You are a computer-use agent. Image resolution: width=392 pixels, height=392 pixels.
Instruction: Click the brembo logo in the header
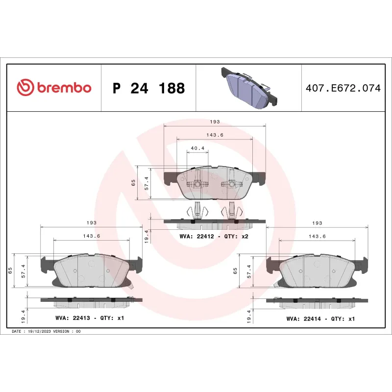[x=54, y=88]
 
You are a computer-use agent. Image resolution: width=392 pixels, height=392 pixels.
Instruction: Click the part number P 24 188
[x=148, y=89]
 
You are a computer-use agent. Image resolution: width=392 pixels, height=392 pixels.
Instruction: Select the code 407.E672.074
[x=343, y=89]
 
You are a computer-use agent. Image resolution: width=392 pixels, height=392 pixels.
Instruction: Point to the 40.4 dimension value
[x=197, y=147]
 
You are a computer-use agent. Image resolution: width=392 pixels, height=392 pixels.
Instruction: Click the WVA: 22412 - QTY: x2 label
[x=214, y=237]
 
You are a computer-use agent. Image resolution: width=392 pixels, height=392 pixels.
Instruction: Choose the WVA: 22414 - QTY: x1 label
[x=320, y=318]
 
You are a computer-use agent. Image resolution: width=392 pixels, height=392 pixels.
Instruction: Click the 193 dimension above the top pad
[x=215, y=122]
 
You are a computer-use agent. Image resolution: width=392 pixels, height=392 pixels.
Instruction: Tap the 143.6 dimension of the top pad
[x=214, y=135]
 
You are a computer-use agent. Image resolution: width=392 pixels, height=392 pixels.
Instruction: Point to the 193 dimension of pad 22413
[x=91, y=222]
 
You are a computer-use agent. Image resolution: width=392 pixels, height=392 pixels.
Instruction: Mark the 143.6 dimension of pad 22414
[x=317, y=236]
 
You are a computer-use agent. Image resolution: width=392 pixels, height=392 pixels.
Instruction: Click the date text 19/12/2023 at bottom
[x=47, y=332]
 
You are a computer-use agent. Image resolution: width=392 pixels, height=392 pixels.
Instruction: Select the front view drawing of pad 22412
[x=214, y=183]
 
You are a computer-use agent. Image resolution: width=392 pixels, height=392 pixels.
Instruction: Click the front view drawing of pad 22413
[x=91, y=271]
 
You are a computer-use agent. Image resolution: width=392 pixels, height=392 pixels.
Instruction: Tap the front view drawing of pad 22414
[x=317, y=271]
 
